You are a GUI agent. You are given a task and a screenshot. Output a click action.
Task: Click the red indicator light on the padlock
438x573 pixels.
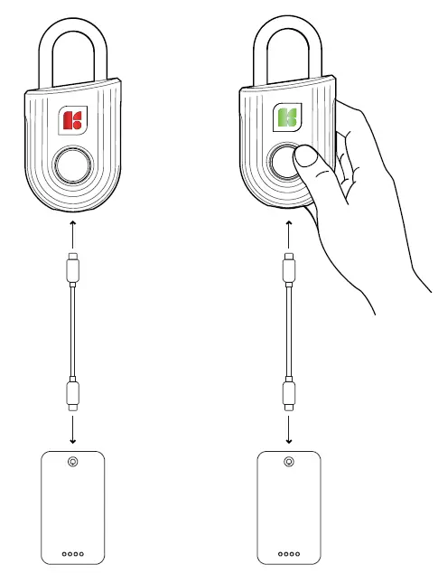[x=71, y=120]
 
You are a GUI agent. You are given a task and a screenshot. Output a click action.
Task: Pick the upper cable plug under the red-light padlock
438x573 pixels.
[x=71, y=268]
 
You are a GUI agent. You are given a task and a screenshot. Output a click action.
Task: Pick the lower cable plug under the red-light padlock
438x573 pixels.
[x=71, y=394]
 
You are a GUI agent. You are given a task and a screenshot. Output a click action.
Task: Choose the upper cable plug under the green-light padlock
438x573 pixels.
[x=289, y=268]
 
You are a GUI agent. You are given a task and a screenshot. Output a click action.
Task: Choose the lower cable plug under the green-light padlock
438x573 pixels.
[x=289, y=394]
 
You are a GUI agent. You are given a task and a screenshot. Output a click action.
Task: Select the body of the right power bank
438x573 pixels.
[x=289, y=511]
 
